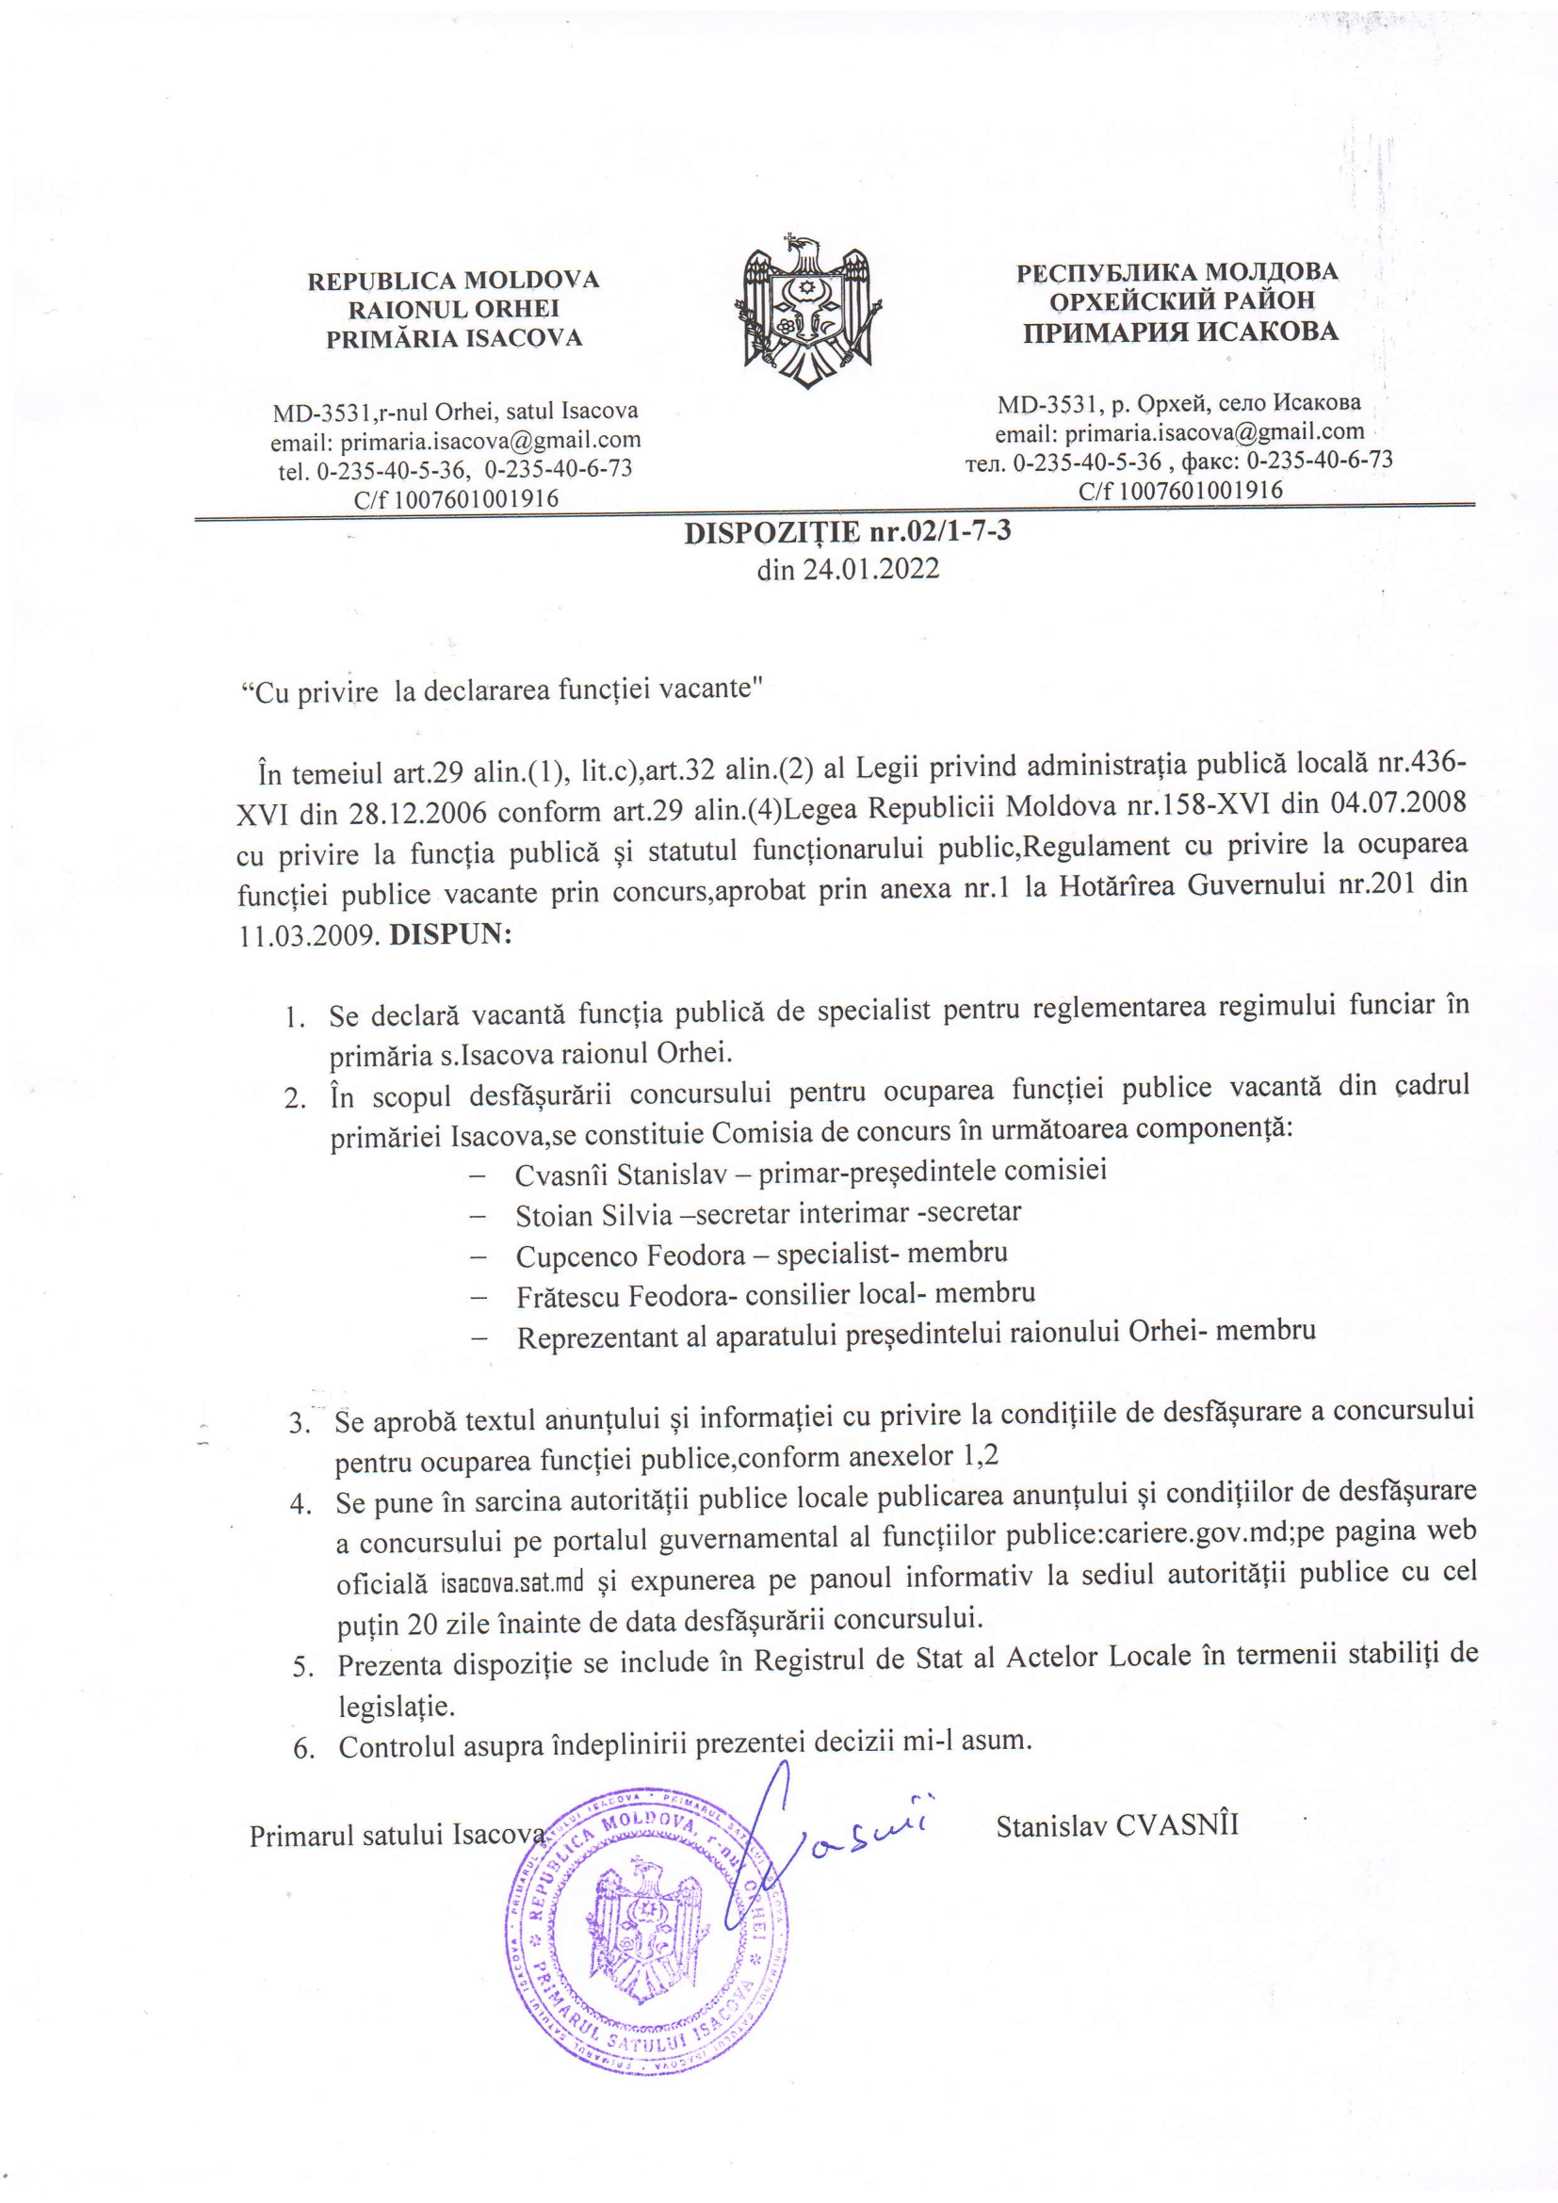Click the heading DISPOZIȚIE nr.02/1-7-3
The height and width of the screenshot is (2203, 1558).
coord(847,531)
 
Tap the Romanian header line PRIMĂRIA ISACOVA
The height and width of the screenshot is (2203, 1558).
coord(454,338)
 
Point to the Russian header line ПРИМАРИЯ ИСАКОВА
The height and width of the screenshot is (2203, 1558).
coord(1179,332)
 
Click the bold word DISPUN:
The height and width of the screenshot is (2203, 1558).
coord(450,933)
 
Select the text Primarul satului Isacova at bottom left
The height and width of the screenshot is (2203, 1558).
coord(398,1835)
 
